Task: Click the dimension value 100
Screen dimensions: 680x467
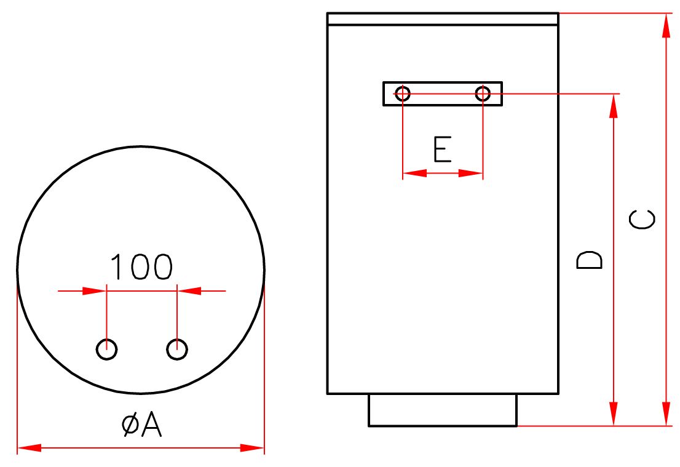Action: (141, 266)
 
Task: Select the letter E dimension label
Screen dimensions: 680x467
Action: (443, 149)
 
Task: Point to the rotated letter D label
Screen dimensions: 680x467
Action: (590, 260)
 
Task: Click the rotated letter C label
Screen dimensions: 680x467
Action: (642, 219)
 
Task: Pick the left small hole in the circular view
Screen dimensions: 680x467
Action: (106, 349)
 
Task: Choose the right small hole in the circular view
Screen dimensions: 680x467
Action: (177, 349)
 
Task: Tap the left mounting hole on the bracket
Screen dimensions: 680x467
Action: (403, 94)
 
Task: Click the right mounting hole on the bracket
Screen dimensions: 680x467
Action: (483, 94)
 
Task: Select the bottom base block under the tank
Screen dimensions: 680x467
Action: (443, 410)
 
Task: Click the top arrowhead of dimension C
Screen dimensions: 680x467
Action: (666, 25)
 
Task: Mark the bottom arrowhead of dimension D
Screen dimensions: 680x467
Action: (613, 413)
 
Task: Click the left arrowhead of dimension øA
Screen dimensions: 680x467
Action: (30, 448)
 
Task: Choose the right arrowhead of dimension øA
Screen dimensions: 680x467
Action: (253, 448)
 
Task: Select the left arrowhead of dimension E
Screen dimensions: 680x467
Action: (415, 173)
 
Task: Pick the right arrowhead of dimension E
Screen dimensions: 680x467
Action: (470, 173)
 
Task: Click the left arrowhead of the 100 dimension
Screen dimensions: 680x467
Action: (94, 291)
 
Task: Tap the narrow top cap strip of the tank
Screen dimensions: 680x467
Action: (443, 19)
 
